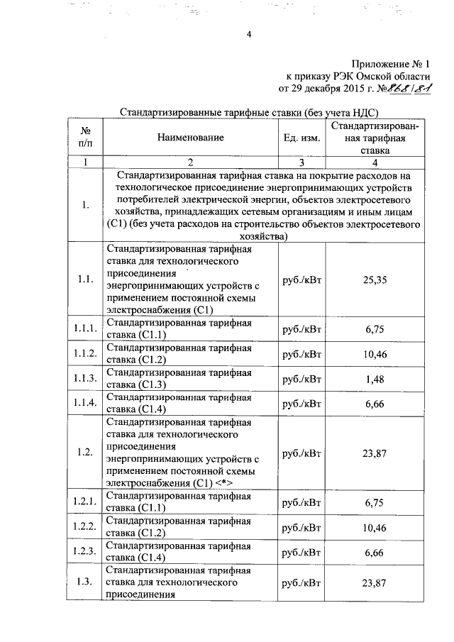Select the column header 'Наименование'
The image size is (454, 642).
pos(191,137)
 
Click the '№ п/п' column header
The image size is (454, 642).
pos(84,137)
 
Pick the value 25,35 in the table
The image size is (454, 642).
pos(375,280)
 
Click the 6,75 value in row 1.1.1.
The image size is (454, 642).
pos(375,329)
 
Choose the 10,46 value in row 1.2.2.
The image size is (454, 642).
pos(375,526)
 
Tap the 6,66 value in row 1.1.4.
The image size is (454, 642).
pos(375,404)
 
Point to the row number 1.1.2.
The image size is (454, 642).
pos(84,354)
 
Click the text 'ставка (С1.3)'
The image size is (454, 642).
pos(136,385)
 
